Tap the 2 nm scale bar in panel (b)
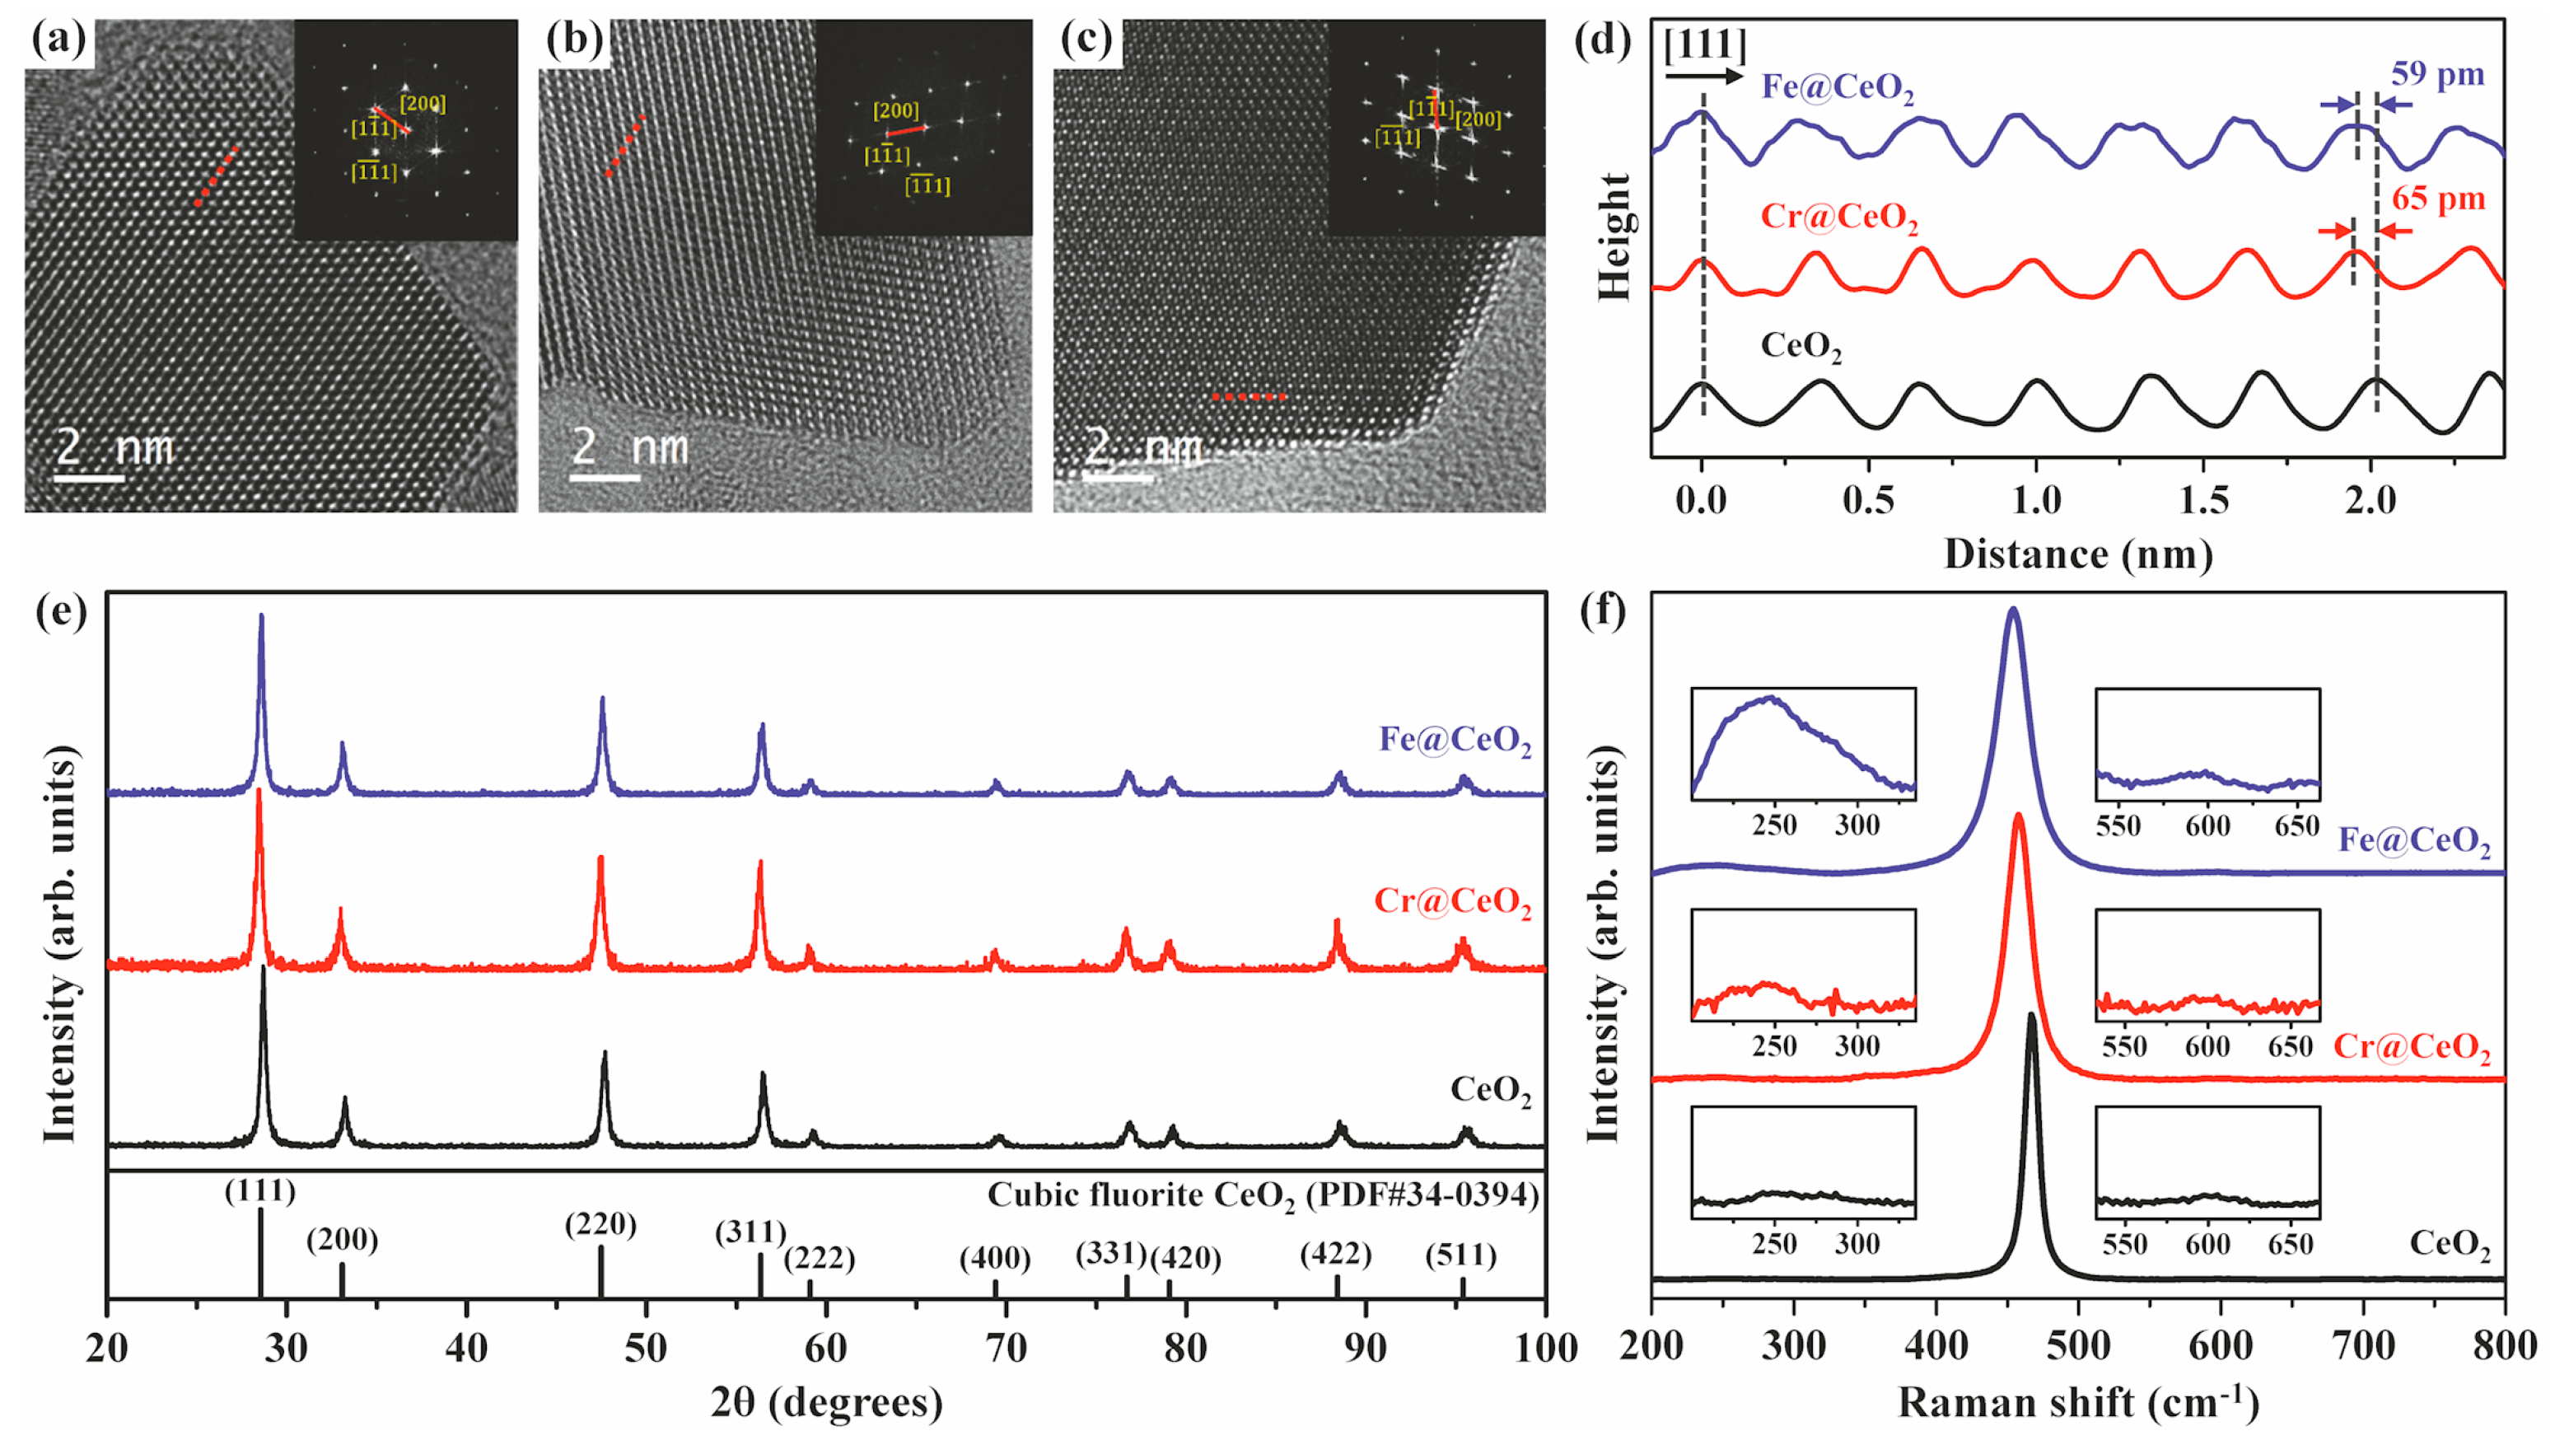605,478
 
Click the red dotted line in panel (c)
1249,397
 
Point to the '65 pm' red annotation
2437,199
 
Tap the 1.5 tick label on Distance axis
2204,500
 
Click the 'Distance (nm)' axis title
2077,554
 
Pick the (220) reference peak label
600,1224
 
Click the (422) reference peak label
1335,1254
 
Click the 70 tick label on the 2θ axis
1005,1348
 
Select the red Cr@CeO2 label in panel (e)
1451,900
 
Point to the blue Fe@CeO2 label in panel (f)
2413,841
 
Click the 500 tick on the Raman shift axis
2078,1346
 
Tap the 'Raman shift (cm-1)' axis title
2077,1402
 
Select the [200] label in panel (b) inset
894,110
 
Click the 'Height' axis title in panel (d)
1614,236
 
